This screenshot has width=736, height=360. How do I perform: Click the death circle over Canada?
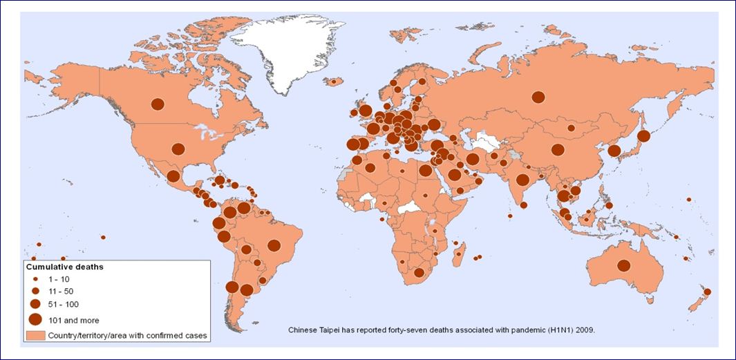(158, 104)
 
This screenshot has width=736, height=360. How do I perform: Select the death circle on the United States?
(178, 149)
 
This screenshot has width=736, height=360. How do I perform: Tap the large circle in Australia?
(624, 265)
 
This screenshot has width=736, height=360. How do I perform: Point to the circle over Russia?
(538, 97)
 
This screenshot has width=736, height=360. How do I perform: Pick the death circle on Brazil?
(274, 245)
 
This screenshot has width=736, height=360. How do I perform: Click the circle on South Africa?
(419, 273)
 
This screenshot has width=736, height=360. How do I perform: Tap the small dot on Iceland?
(333, 81)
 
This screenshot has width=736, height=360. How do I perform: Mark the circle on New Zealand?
(707, 292)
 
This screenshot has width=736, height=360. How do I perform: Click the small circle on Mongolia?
(571, 128)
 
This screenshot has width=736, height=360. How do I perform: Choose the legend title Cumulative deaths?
(65, 266)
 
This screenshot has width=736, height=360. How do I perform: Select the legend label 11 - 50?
(60, 291)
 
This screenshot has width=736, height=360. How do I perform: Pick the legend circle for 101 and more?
(35, 319)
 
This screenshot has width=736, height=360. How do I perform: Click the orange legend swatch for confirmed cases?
(35, 336)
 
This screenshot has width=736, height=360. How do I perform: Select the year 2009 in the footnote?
(583, 330)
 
